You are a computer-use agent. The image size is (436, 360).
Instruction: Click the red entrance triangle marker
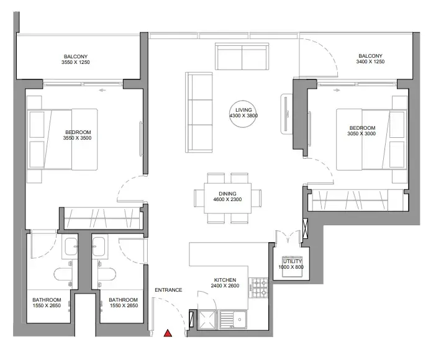(168, 333)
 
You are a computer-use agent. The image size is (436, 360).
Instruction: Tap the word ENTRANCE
(168, 290)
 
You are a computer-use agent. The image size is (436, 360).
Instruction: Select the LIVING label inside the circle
(243, 110)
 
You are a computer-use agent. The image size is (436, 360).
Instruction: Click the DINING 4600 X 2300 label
(227, 197)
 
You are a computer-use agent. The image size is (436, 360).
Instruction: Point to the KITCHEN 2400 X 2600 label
(225, 282)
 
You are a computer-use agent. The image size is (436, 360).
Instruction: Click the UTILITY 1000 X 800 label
(291, 264)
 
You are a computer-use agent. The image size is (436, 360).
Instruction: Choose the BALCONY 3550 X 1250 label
(76, 60)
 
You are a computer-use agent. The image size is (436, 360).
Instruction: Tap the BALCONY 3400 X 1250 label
(370, 59)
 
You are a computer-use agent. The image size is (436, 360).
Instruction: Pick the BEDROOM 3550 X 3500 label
(77, 135)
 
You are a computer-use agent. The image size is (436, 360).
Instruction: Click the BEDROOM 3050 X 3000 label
(361, 131)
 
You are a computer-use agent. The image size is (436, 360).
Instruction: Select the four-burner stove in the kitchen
(258, 288)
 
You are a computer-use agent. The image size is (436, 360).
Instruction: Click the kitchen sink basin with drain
(233, 320)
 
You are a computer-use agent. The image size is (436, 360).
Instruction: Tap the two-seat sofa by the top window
(242, 56)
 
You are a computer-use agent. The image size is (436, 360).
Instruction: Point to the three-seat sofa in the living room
(199, 112)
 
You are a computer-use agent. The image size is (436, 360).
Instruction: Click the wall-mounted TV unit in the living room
(286, 114)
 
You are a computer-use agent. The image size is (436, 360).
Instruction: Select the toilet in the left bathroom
(63, 274)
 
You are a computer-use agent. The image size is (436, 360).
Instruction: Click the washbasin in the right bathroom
(98, 246)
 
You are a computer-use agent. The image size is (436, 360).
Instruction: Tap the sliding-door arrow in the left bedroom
(102, 90)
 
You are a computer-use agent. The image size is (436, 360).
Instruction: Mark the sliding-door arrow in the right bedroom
(337, 90)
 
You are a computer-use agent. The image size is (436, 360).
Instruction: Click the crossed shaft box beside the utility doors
(305, 229)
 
